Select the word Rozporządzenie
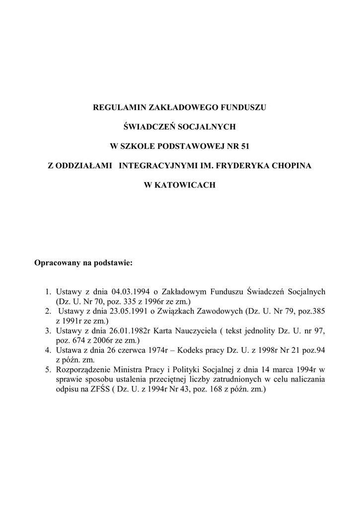pyautogui.click(x=81, y=370)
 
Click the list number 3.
pyautogui.click(x=48, y=330)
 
